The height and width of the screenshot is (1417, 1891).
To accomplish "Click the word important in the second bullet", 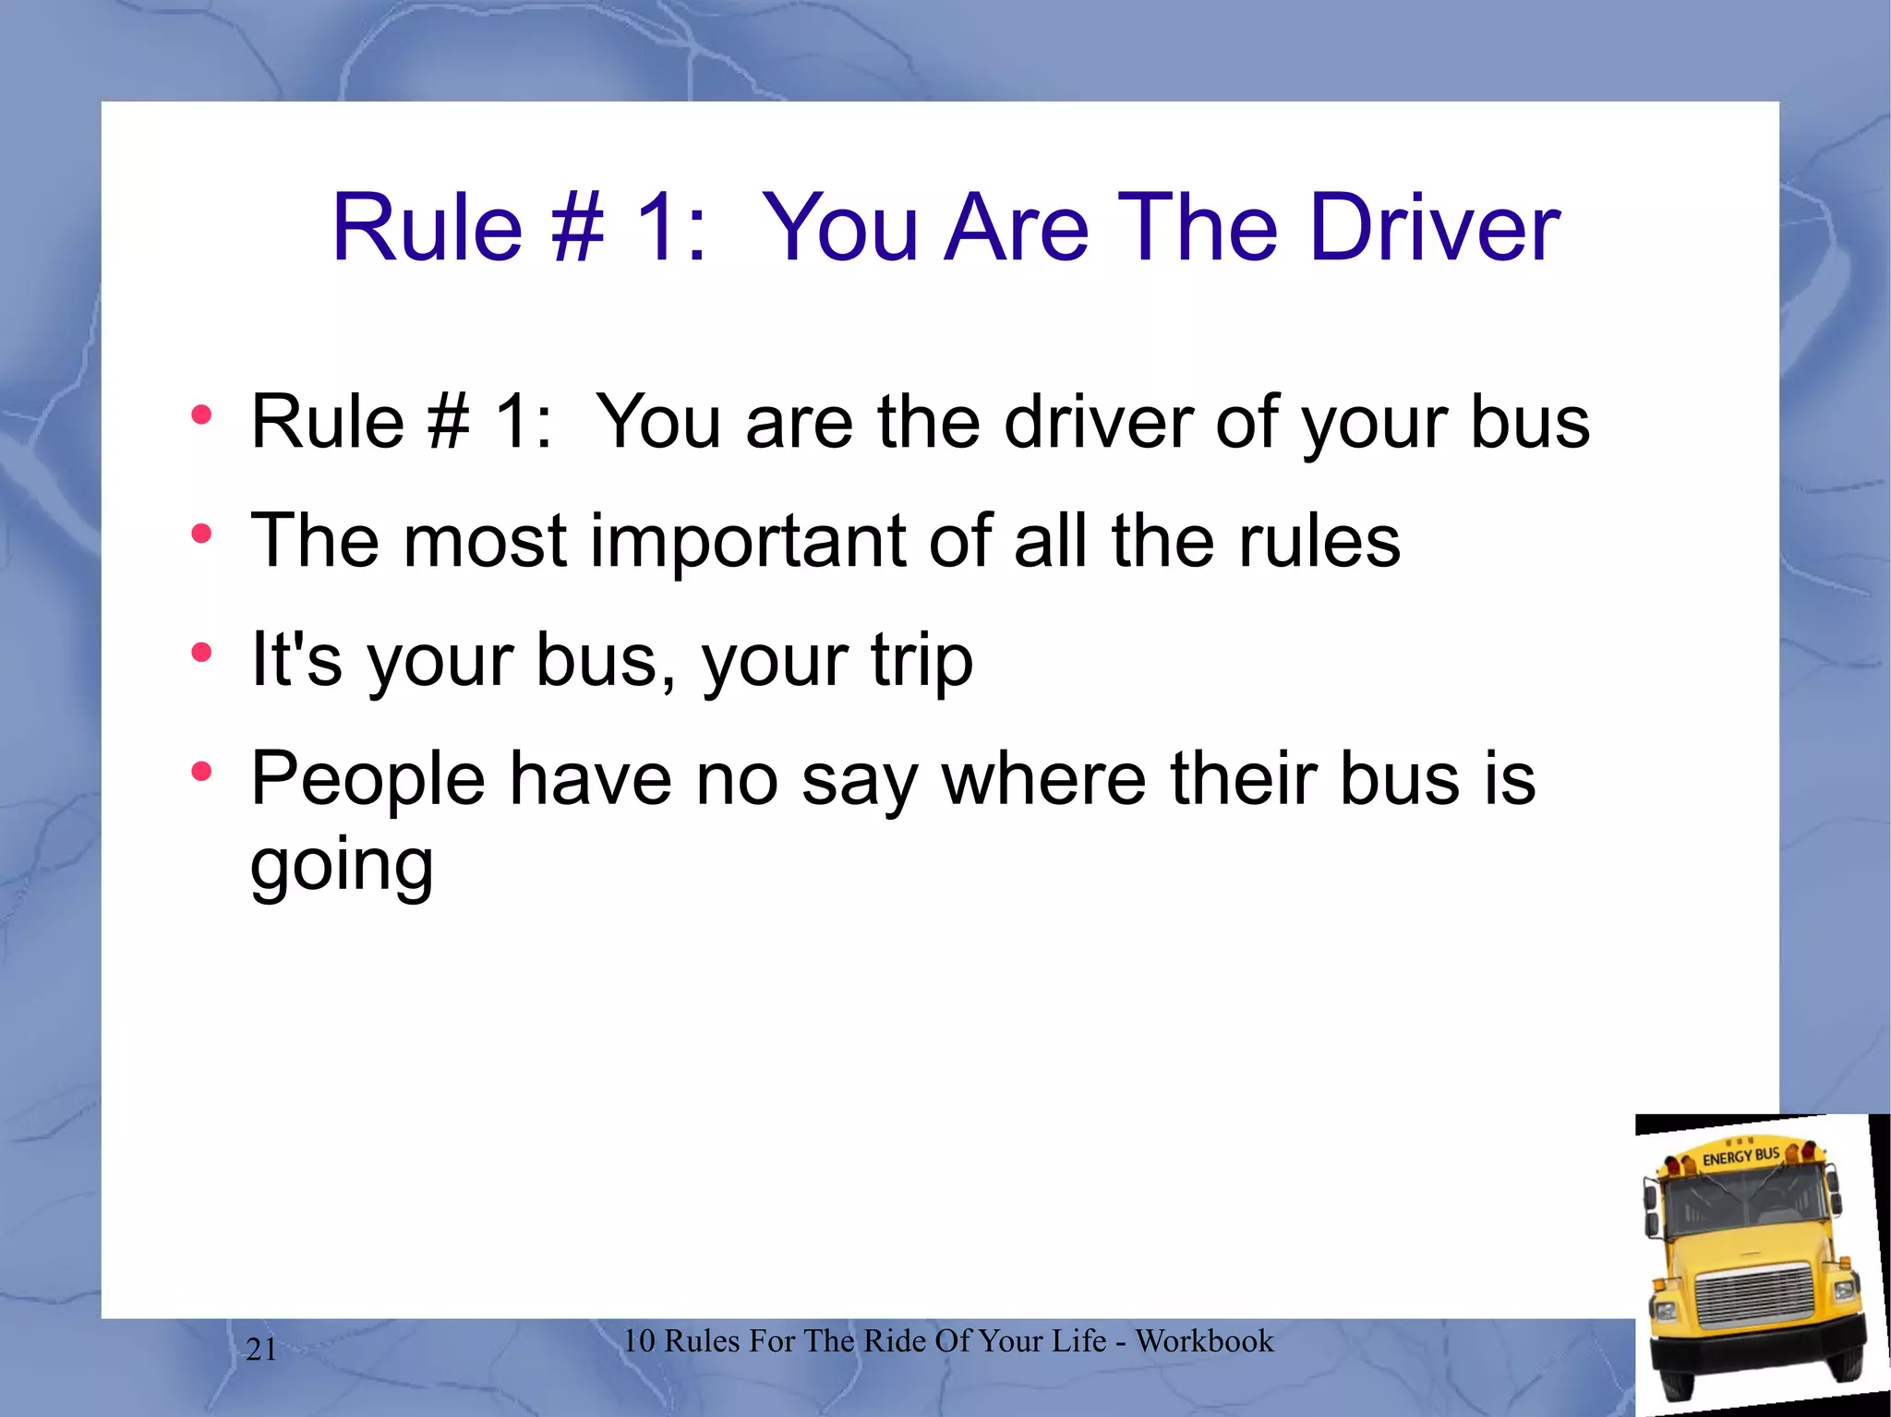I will (748, 542).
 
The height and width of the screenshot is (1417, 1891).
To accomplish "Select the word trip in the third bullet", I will (921, 661).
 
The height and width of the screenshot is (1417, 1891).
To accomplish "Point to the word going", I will (342, 866).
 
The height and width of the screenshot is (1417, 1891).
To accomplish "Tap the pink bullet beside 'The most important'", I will (201, 534).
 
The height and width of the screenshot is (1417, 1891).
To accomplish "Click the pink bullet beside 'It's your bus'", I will (201, 653).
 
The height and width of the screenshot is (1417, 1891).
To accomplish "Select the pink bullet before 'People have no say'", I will (201, 771).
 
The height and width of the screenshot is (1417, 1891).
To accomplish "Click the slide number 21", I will (261, 1350).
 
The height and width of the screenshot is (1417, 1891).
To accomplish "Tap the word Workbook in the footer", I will (1204, 1341).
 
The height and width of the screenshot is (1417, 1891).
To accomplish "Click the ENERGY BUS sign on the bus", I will (1740, 1156).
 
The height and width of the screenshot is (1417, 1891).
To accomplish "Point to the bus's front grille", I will (1754, 1296).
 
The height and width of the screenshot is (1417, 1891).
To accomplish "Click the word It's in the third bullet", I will (296, 661).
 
